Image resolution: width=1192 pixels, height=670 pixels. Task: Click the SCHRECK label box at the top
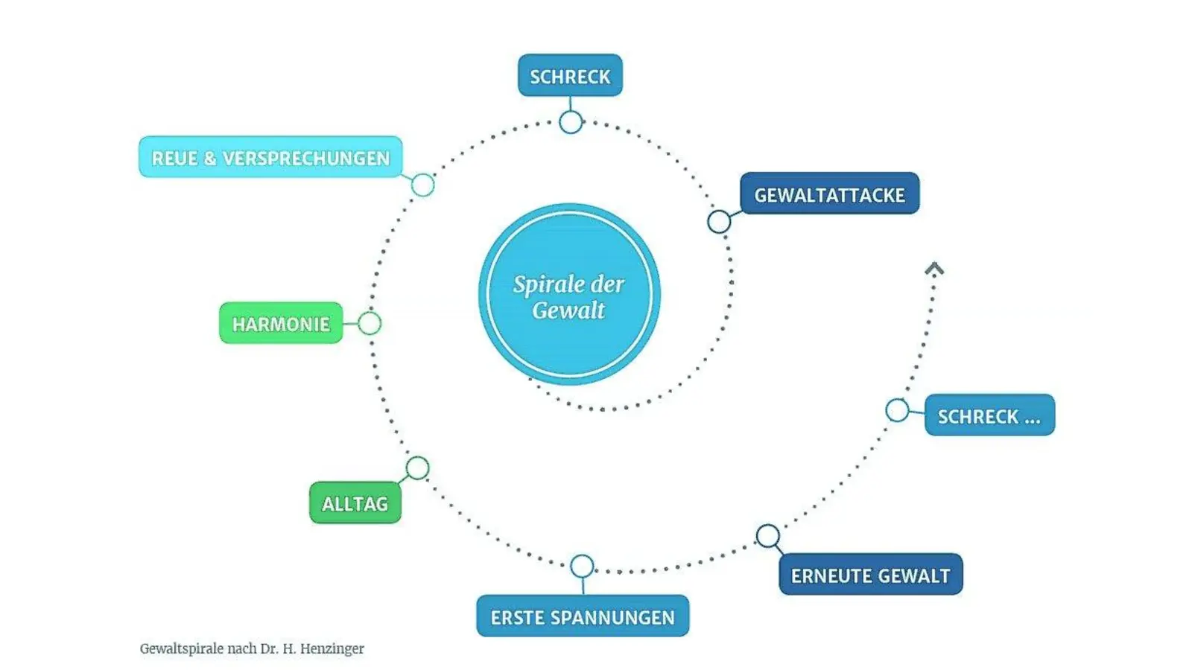click(x=570, y=75)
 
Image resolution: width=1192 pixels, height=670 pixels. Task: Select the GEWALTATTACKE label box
click(x=829, y=194)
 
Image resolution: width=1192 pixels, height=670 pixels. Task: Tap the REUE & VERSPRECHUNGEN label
click(x=270, y=157)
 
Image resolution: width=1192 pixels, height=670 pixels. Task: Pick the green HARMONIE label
click(x=281, y=323)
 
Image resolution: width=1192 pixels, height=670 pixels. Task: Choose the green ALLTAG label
click(x=355, y=503)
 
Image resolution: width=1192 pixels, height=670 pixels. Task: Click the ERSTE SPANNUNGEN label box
click(x=583, y=616)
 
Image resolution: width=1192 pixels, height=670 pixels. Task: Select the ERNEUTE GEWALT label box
click(x=870, y=574)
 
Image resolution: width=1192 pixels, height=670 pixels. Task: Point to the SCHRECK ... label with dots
click(x=989, y=415)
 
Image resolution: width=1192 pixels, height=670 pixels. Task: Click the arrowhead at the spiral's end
click(x=934, y=269)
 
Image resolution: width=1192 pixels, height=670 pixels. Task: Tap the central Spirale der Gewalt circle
click(x=569, y=295)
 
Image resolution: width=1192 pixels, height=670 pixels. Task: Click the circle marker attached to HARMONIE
click(x=370, y=323)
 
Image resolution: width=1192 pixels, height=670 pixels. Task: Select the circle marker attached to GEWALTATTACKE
click(x=719, y=221)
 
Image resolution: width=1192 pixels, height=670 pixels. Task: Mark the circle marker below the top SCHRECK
click(x=571, y=122)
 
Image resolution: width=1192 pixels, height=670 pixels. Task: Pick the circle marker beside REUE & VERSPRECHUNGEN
click(x=423, y=185)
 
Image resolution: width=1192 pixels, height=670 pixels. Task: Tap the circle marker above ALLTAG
click(x=417, y=468)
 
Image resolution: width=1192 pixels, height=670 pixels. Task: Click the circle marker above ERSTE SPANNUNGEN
click(x=582, y=567)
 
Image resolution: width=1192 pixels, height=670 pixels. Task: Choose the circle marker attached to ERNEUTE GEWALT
click(x=768, y=535)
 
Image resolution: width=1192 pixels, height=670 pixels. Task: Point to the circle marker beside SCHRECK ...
click(x=897, y=410)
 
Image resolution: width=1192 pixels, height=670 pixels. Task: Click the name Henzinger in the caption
click(x=334, y=648)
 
